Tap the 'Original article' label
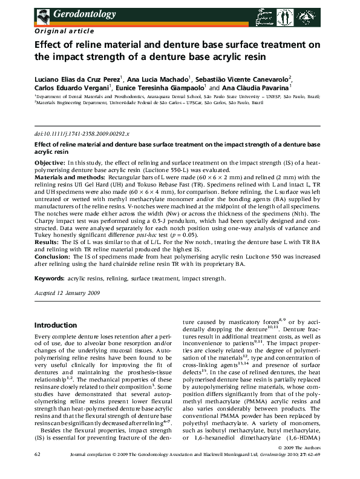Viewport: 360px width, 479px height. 65,30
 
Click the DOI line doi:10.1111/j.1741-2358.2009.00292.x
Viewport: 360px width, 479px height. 82,133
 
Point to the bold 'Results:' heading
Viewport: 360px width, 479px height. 47,242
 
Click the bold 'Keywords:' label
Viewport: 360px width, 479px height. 49,279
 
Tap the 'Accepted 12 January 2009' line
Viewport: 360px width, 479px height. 67,291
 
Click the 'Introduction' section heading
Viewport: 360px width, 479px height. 59,325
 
